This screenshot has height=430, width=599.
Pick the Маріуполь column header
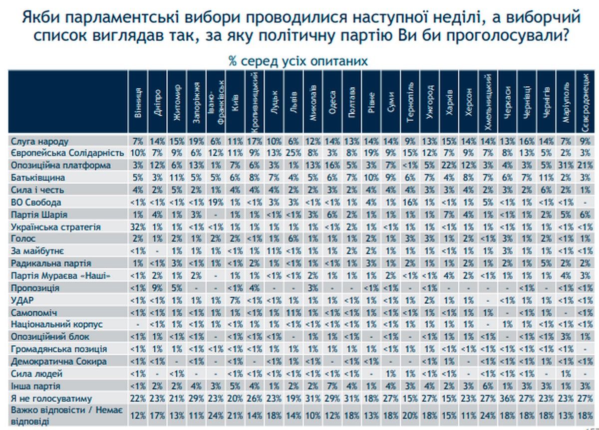pos(566,103)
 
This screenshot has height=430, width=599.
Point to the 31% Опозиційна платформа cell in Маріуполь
pos(566,165)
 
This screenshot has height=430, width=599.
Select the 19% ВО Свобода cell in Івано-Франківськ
pos(215,202)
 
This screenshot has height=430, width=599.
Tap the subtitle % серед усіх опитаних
pos(299,61)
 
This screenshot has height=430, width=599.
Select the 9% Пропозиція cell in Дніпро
pos(157,288)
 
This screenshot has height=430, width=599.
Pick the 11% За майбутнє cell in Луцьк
pos(274,251)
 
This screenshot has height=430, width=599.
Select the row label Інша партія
pos(35,385)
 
